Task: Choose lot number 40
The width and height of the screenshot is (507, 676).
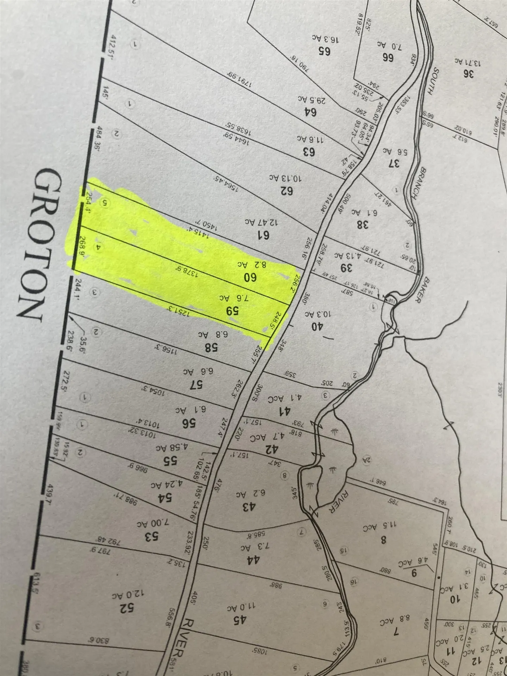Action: tap(317, 326)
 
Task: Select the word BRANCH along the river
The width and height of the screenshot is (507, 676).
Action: tap(419, 183)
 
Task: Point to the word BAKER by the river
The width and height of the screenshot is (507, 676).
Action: tap(422, 289)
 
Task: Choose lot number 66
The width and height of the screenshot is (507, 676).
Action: tap(388, 57)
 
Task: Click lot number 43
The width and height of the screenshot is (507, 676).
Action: tap(248, 507)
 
